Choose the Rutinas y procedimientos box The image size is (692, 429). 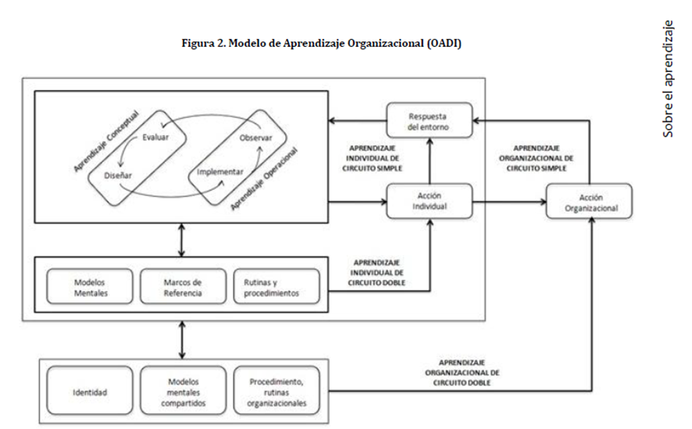(x=276, y=286)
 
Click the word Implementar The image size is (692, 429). (x=221, y=171)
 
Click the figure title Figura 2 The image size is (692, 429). (x=320, y=44)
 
